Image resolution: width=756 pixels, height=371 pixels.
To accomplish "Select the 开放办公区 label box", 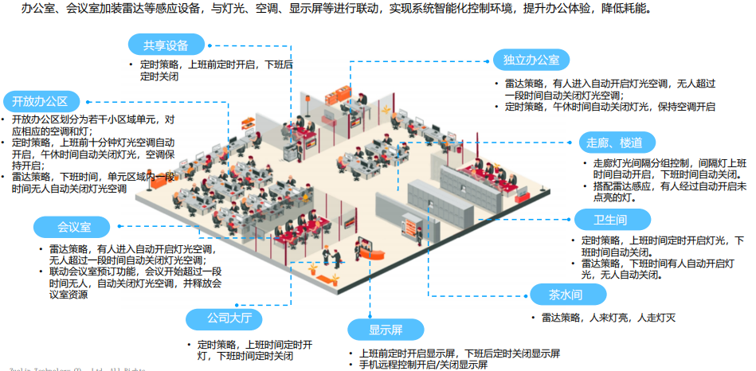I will coord(41,101).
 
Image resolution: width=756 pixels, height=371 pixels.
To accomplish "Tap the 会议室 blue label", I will coord(72,227).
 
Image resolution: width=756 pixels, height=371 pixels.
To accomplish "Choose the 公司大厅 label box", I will coord(224,318).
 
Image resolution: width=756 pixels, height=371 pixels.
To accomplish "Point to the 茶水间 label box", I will coord(566,295).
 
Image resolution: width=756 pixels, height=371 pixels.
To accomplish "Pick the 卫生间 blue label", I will coord(612,220).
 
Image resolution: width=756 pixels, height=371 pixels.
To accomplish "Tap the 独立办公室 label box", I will coord(531,60).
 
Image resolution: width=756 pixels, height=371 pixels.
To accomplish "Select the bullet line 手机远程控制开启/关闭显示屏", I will coord(422,364).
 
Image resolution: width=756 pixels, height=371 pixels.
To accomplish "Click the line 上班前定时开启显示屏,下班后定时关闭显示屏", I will coord(459,353).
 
